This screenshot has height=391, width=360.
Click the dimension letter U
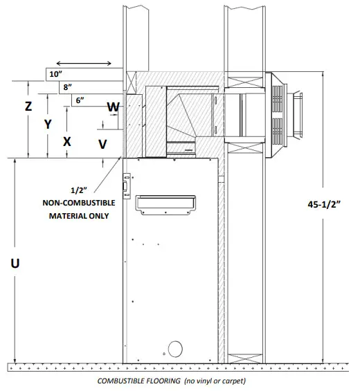click(x=15, y=263)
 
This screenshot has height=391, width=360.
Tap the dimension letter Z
click(x=28, y=107)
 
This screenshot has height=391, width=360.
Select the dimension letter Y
click(x=48, y=124)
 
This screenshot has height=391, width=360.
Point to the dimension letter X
click(x=67, y=142)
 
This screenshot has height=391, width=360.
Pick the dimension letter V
click(x=102, y=144)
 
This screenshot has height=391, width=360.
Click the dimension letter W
click(x=114, y=107)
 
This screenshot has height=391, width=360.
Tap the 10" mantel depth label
click(x=55, y=74)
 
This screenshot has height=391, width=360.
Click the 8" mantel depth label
click(x=67, y=87)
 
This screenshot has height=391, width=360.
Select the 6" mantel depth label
click(x=80, y=100)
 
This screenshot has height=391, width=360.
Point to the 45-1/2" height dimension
click(x=324, y=204)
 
